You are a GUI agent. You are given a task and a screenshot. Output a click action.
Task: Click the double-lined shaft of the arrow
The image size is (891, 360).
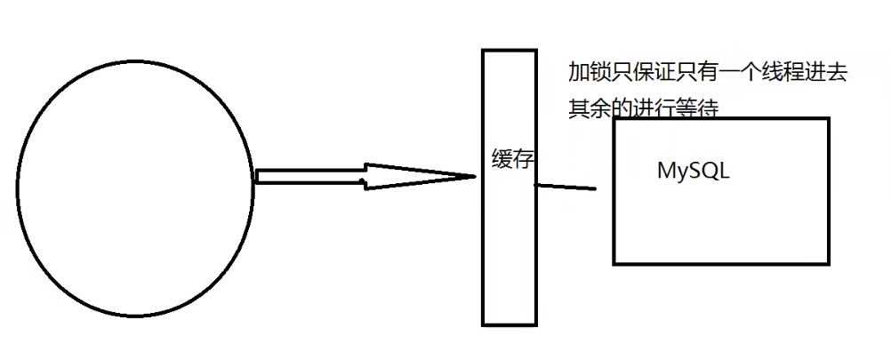coord(311,176)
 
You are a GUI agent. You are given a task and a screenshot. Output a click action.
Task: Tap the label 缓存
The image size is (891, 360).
coord(512,160)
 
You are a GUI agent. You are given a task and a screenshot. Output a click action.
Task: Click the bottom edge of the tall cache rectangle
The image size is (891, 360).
coord(510,324)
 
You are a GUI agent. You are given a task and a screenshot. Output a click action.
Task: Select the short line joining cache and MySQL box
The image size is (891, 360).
coord(566,187)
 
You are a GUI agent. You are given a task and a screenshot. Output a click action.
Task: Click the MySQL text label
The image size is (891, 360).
coord(693,172)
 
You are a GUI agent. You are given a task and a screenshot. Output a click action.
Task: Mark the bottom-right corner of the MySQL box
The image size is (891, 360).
coord(829,263)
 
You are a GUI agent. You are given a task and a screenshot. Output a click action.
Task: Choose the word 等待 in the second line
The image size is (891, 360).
coord(698,108)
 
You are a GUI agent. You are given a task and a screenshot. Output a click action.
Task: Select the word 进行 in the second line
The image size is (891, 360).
coord(654,108)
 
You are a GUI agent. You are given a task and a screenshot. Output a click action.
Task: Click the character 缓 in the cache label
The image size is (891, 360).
coord(502,160)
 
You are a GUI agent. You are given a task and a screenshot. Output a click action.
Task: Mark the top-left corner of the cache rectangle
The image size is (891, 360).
coord(484,50)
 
